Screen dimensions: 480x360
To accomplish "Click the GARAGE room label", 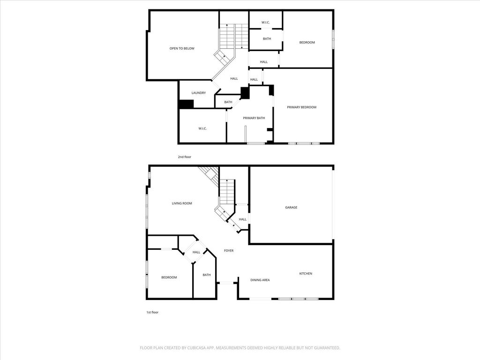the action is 291,207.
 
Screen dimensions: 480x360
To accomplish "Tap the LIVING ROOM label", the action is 182,203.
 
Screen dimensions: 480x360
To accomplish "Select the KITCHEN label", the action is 306,273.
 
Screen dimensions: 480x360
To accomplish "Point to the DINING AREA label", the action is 260,280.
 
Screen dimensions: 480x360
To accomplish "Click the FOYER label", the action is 229,250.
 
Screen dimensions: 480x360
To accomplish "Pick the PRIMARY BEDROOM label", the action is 301,107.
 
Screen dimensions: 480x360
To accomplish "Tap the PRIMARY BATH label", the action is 254,118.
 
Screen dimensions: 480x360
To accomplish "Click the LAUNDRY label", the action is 199,93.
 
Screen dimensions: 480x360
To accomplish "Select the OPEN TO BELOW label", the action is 182,48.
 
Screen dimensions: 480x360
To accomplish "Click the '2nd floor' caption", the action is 185,157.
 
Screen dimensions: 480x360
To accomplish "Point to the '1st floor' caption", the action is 152,312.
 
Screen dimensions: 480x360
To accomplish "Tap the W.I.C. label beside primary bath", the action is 202,128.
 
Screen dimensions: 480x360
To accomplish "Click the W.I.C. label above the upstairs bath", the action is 265,22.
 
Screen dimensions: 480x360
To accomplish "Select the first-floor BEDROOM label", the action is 169,277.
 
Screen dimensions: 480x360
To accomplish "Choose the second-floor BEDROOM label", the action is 307,42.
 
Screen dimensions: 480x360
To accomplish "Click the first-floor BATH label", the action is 207,275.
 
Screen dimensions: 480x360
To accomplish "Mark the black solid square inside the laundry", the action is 186,104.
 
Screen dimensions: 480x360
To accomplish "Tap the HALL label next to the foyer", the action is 196,252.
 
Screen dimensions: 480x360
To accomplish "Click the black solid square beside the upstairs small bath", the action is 245,93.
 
